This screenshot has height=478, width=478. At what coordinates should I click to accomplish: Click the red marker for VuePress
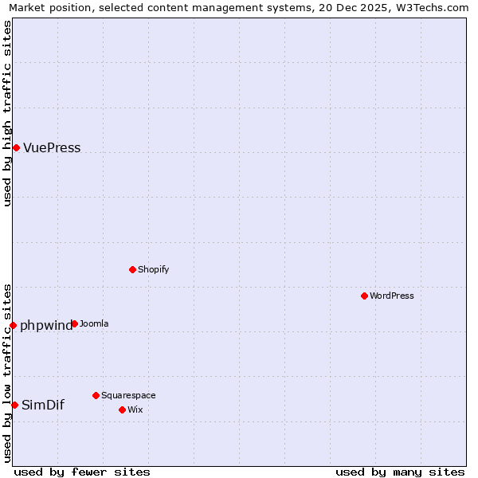click(x=16, y=147)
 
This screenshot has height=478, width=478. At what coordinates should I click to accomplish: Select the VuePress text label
click(x=52, y=148)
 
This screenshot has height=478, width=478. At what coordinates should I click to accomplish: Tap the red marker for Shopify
click(x=132, y=269)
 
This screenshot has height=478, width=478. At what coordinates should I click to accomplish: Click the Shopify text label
click(x=153, y=269)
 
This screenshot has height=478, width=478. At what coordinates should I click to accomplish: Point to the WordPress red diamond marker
click(x=364, y=296)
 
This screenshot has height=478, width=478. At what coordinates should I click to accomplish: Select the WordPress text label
click(x=391, y=296)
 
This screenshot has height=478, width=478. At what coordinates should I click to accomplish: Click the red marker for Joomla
click(x=74, y=323)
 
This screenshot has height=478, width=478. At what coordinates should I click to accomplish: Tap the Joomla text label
click(x=94, y=323)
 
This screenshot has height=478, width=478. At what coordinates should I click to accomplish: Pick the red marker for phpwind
click(x=13, y=325)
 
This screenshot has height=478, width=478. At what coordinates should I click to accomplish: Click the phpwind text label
click(x=45, y=325)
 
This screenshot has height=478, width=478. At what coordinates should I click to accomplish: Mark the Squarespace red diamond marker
click(x=96, y=395)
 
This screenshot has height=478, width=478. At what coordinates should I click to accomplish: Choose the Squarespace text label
click(x=128, y=395)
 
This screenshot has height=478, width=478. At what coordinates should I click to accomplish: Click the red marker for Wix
click(x=122, y=409)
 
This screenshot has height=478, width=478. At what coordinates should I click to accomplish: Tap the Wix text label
click(x=135, y=409)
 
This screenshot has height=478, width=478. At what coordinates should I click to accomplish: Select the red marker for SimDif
click(x=14, y=405)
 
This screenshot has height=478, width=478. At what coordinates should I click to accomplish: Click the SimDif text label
click(x=43, y=405)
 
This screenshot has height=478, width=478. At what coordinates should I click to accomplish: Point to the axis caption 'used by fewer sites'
click(x=82, y=472)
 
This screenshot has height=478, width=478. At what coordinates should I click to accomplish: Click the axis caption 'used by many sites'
click(x=400, y=472)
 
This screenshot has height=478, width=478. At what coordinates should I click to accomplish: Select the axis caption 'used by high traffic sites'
click(x=7, y=113)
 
